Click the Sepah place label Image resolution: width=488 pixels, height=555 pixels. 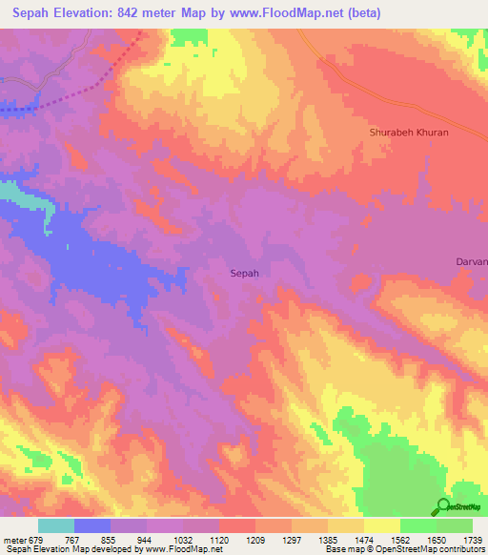coord(245,273)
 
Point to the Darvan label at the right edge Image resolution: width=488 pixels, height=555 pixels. coord(472,261)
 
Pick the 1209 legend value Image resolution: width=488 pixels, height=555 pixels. coord(255,541)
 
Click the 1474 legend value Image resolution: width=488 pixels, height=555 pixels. coord(364,541)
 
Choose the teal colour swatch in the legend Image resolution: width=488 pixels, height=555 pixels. coord(55,525)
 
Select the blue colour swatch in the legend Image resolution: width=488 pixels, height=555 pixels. coord(91,525)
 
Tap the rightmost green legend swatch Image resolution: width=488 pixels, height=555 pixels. coord(454,525)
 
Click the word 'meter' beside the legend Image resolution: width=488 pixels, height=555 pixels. coord(15,541)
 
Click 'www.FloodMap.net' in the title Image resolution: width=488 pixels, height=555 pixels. coord(305,13)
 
